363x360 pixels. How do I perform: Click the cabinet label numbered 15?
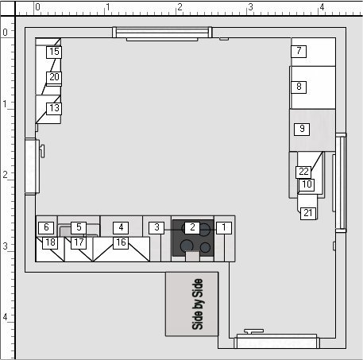[x=54, y=52]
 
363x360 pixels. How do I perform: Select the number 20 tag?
[x=54, y=78]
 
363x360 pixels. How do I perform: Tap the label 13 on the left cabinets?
[x=54, y=108]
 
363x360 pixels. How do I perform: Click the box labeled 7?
[x=299, y=51]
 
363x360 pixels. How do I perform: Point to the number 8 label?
[x=299, y=87]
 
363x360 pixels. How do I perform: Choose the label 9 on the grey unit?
[x=302, y=129]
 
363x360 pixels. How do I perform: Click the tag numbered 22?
[x=303, y=172]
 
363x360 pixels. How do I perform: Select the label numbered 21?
[x=308, y=213]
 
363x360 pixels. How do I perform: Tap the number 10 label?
[x=307, y=184]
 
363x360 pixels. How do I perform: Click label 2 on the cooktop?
[x=192, y=227]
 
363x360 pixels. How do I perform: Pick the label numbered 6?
[x=46, y=227]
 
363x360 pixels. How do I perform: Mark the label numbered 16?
[x=121, y=242]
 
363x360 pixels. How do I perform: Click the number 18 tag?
[x=50, y=242]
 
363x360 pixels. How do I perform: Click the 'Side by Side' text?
[x=197, y=304]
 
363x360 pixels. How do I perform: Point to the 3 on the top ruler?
[x=250, y=7]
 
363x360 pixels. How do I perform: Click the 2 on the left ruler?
[x=5, y=175]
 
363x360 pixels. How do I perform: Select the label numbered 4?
[x=121, y=227]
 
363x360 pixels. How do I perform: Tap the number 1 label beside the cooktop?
[x=224, y=227]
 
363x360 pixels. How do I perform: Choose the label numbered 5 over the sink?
[x=79, y=227]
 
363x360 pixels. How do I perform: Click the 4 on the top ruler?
[x=322, y=7]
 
